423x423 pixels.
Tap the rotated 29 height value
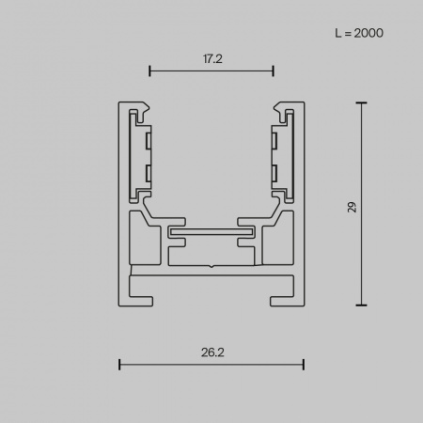(x=352, y=206)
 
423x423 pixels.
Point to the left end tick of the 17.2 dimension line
(x=149, y=70)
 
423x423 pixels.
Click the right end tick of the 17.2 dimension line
(x=273, y=70)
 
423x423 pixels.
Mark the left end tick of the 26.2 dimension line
(x=118, y=364)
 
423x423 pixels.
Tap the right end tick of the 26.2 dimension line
(x=303, y=364)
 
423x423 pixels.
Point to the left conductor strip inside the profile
(x=148, y=156)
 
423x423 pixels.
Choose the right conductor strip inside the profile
(x=274, y=156)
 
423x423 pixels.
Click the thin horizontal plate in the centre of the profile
(x=211, y=230)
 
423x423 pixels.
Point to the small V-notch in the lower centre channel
(x=211, y=266)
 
